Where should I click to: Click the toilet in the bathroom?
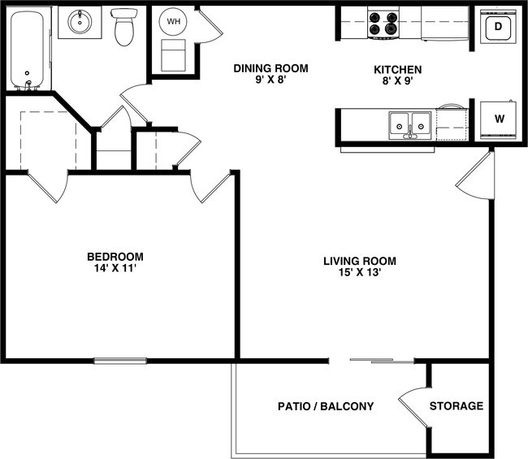point(124,28)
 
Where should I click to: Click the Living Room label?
point(359,261)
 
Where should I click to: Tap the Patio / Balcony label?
point(325,406)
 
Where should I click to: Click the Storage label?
point(456,406)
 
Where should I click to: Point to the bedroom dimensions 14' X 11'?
point(115,270)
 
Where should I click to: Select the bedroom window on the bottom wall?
point(120,361)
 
